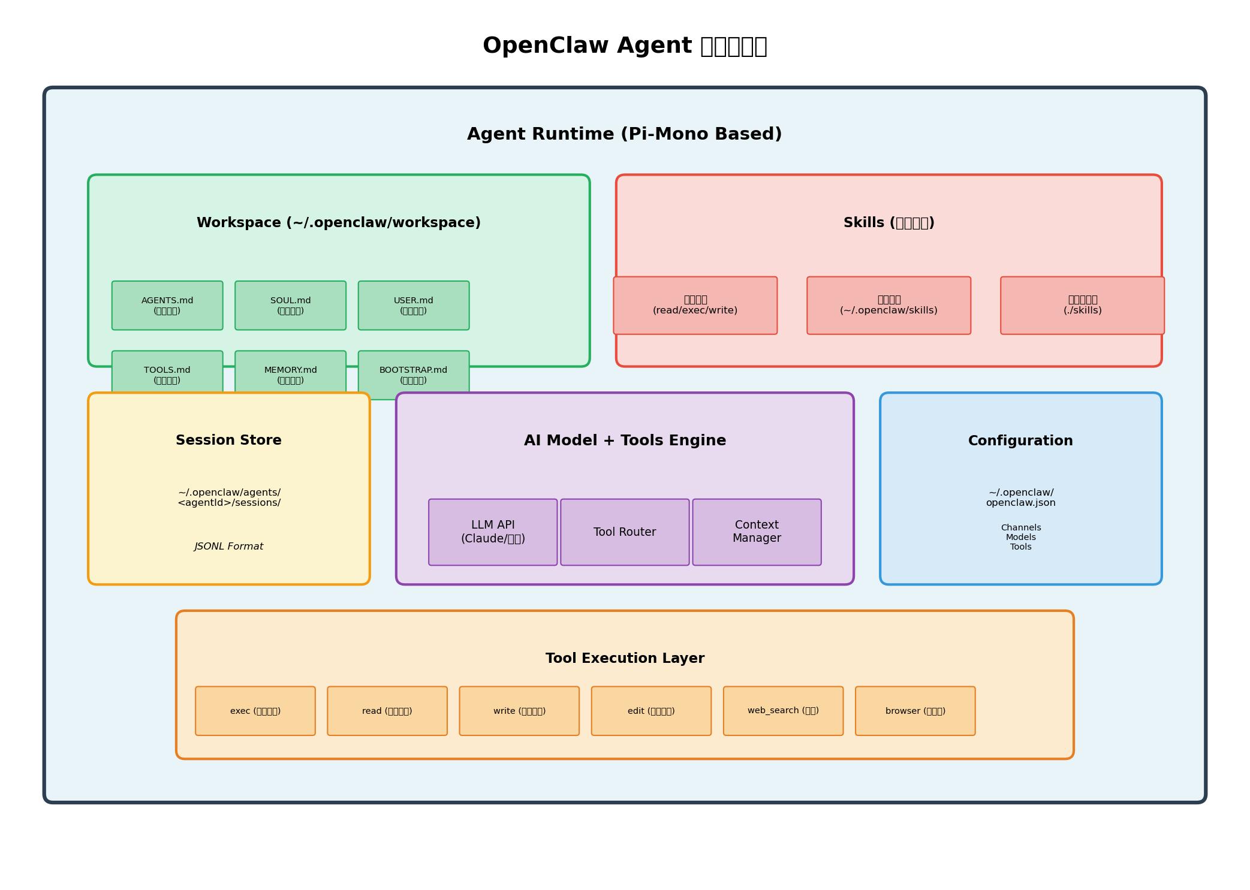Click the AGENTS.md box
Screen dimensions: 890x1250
pyautogui.click(x=167, y=306)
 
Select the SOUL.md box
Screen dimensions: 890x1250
pyautogui.click(x=291, y=306)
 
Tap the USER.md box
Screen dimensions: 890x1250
pyautogui.click(x=414, y=306)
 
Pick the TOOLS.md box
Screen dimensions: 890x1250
pyautogui.click(x=167, y=372)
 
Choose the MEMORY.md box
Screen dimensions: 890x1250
pyautogui.click(x=291, y=372)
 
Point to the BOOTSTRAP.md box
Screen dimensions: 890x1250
pyautogui.click(x=414, y=372)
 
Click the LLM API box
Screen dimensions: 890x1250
pyautogui.click(x=493, y=532)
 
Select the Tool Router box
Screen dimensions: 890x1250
pyautogui.click(x=625, y=532)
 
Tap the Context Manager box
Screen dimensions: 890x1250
pyautogui.click(x=757, y=532)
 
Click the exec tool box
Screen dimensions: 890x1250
pyautogui.click(x=255, y=711)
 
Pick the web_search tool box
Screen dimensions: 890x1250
pyautogui.click(x=783, y=711)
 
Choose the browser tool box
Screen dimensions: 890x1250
pyautogui.click(x=915, y=711)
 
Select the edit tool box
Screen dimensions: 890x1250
pyautogui.click(x=651, y=711)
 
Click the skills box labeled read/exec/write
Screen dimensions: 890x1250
pyautogui.click(x=695, y=306)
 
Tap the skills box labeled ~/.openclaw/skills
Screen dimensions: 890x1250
pyautogui.click(x=888, y=306)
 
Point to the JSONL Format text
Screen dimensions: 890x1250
pyautogui.click(x=229, y=547)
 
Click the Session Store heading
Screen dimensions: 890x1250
pyautogui.click(x=229, y=441)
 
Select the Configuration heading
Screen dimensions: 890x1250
pyautogui.click(x=1020, y=441)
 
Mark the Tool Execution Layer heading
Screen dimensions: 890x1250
pyautogui.click(x=625, y=658)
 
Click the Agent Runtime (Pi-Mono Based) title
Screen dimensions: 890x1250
pyautogui.click(x=625, y=134)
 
